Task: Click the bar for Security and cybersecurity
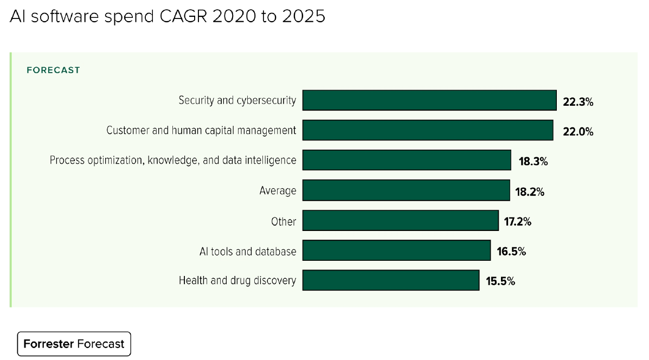429,100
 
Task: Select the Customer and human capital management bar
427,131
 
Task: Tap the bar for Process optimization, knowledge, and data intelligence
407,160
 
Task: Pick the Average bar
406,190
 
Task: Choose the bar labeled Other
400,221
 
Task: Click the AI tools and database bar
396,250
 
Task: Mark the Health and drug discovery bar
390,280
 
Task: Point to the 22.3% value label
578,102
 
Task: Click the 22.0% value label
578,132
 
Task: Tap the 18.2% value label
529,191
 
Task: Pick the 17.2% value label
518,222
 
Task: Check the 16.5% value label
511,252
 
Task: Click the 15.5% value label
500,281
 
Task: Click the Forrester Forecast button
74,344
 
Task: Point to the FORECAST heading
53,70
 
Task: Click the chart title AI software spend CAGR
168,17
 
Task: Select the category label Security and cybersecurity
237,100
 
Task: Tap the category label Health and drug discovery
237,280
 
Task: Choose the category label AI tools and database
248,251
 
